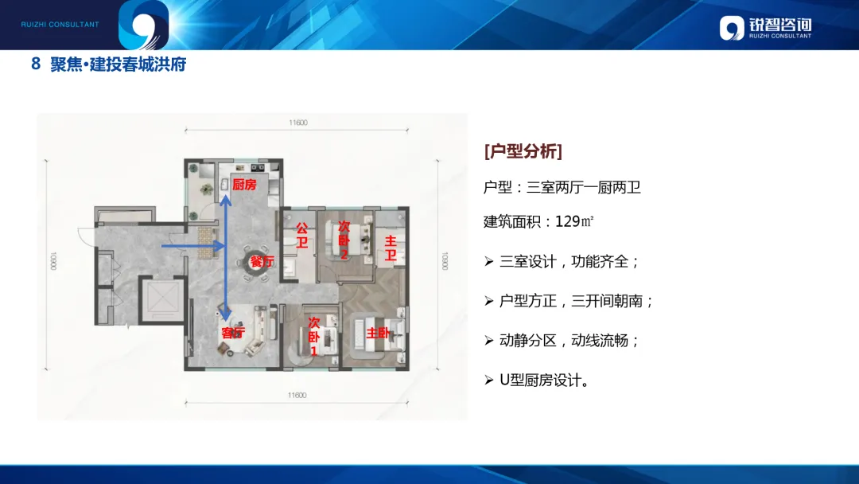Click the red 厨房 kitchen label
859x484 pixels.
244,185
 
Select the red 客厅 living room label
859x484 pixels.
233,333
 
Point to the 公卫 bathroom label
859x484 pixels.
302,235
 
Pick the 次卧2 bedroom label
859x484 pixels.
344,240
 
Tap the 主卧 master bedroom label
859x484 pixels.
378,333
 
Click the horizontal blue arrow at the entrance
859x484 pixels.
192,247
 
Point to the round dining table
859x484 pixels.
257,266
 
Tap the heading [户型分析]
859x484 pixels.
523,151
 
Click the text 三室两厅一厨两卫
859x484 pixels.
584,188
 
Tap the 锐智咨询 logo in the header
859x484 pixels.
765,28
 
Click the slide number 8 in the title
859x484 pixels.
36,64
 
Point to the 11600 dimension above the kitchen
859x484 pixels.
297,123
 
